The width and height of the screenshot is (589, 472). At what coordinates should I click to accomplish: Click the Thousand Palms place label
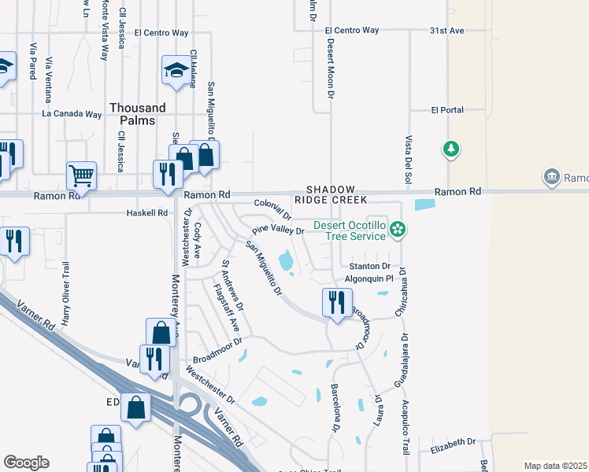138,114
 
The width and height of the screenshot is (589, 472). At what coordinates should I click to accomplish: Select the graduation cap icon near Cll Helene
177,70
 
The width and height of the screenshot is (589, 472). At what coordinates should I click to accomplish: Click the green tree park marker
450,149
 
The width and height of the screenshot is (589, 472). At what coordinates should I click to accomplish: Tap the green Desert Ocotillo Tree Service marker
398,230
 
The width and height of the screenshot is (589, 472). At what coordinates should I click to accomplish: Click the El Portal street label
447,110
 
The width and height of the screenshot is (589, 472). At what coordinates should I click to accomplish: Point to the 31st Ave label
447,30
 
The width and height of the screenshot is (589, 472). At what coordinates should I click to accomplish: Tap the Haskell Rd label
147,213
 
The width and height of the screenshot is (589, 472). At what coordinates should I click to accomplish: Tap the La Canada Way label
72,114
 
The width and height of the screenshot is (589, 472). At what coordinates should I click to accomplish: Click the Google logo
26,463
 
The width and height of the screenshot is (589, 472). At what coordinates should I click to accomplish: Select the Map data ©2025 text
555,466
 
